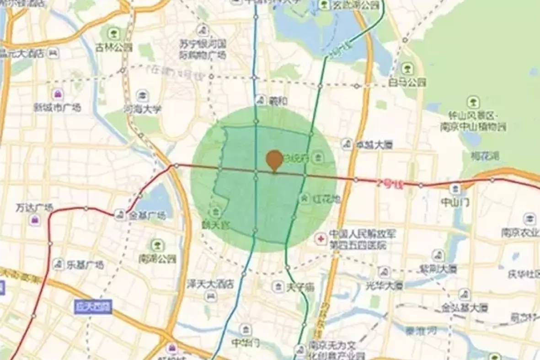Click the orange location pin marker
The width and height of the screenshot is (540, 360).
[x=274, y=160]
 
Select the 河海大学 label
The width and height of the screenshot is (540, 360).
[x=142, y=109]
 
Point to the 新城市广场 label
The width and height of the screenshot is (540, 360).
[x=57, y=107]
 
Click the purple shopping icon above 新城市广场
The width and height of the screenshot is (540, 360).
[x=58, y=95]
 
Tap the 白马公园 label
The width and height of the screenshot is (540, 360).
[x=407, y=83]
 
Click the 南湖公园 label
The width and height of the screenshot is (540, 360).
[x=157, y=259]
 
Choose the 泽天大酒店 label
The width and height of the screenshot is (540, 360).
[x=211, y=284]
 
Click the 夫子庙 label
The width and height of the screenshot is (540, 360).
[x=300, y=287]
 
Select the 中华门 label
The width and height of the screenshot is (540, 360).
[x=246, y=342]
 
